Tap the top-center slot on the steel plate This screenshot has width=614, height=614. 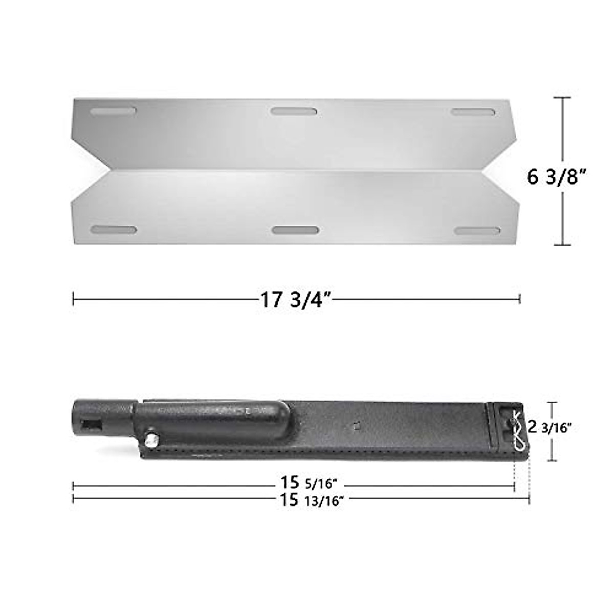click(294, 111)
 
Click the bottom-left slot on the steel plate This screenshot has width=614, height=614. click(114, 230)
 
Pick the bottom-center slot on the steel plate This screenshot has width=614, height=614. click(295, 230)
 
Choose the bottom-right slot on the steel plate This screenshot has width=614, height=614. click(477, 231)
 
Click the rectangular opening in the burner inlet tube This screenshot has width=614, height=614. click(93, 425)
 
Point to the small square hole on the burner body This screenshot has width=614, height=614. click(359, 425)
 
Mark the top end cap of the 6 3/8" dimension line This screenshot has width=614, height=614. click(563, 98)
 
